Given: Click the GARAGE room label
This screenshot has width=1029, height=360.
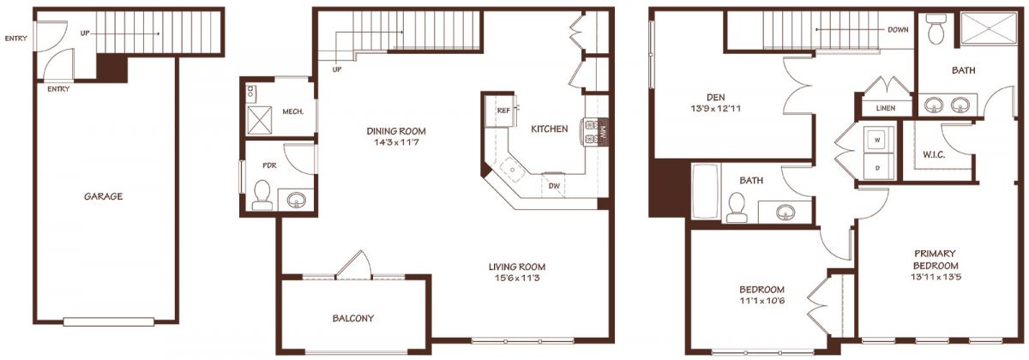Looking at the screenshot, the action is (104, 196).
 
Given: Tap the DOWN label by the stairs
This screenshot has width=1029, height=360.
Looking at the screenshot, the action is (898, 30).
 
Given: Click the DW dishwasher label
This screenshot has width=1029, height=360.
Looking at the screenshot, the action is (555, 186).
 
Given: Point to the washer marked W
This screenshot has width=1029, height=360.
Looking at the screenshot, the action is (878, 140).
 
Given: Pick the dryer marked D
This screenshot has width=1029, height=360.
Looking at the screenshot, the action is (878, 167).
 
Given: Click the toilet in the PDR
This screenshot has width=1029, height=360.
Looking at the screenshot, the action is (262, 195).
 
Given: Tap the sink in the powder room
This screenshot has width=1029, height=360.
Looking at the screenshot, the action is (297, 201).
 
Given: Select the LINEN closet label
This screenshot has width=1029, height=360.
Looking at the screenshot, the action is (885, 108).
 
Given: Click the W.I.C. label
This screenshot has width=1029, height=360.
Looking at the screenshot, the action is (934, 155).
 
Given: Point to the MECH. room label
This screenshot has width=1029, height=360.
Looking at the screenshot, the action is (292, 111).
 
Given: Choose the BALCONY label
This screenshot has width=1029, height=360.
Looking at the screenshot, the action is (352, 318).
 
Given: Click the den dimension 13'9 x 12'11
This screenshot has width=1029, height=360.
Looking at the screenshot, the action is (716, 109).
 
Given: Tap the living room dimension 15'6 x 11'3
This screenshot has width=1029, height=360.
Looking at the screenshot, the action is (517, 278).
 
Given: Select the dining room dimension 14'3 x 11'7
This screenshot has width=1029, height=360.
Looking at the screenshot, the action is (396, 142).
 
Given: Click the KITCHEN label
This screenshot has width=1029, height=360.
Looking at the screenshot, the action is (550, 129).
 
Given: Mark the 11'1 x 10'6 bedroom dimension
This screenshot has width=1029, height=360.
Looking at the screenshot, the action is (761, 301).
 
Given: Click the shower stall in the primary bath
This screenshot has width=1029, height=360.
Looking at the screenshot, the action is (989, 29).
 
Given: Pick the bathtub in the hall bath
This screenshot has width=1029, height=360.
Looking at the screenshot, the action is (706, 191).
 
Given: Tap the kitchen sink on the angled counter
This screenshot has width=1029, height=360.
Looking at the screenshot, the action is (511, 169).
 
